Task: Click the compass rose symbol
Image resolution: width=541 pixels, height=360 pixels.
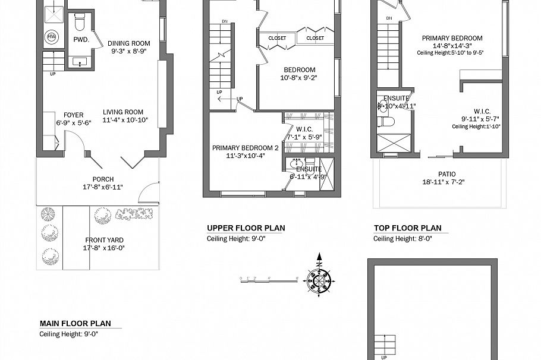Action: point(319,279)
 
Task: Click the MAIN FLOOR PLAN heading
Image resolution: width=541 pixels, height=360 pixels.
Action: point(75,324)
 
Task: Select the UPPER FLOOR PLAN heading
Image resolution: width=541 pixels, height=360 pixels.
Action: point(246,228)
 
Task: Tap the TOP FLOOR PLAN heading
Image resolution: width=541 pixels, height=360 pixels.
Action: point(407,228)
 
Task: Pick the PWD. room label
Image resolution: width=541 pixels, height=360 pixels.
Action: point(81,40)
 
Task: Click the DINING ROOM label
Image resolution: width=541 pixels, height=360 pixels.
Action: point(128,43)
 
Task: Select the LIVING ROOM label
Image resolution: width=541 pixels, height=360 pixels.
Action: point(122,112)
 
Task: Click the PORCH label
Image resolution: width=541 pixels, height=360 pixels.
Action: point(103,179)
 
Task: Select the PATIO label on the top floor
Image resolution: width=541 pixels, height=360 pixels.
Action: point(435,174)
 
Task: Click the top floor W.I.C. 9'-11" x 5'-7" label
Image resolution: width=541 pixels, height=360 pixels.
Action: point(481,111)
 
